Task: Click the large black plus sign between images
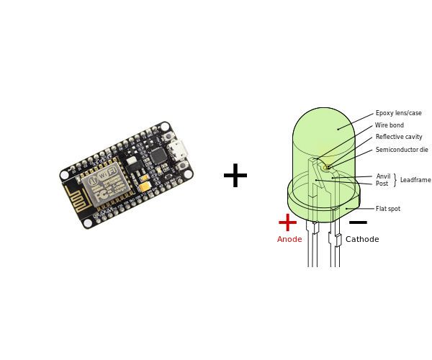(x=235, y=176)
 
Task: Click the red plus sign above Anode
(x=287, y=222)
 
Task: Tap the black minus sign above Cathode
(x=358, y=222)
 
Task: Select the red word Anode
(x=289, y=240)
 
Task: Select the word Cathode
(x=362, y=240)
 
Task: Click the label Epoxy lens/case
(x=398, y=113)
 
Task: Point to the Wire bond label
(x=390, y=125)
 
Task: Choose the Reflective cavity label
(x=399, y=137)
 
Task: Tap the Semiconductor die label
(x=402, y=150)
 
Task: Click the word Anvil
(x=383, y=176)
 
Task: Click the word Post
(x=382, y=184)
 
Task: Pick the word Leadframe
(x=415, y=180)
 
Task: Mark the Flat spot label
(x=388, y=209)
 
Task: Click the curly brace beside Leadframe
(x=395, y=180)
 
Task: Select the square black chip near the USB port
(x=157, y=156)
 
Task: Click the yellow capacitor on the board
(x=145, y=186)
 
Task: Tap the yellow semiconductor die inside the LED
(x=326, y=167)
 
